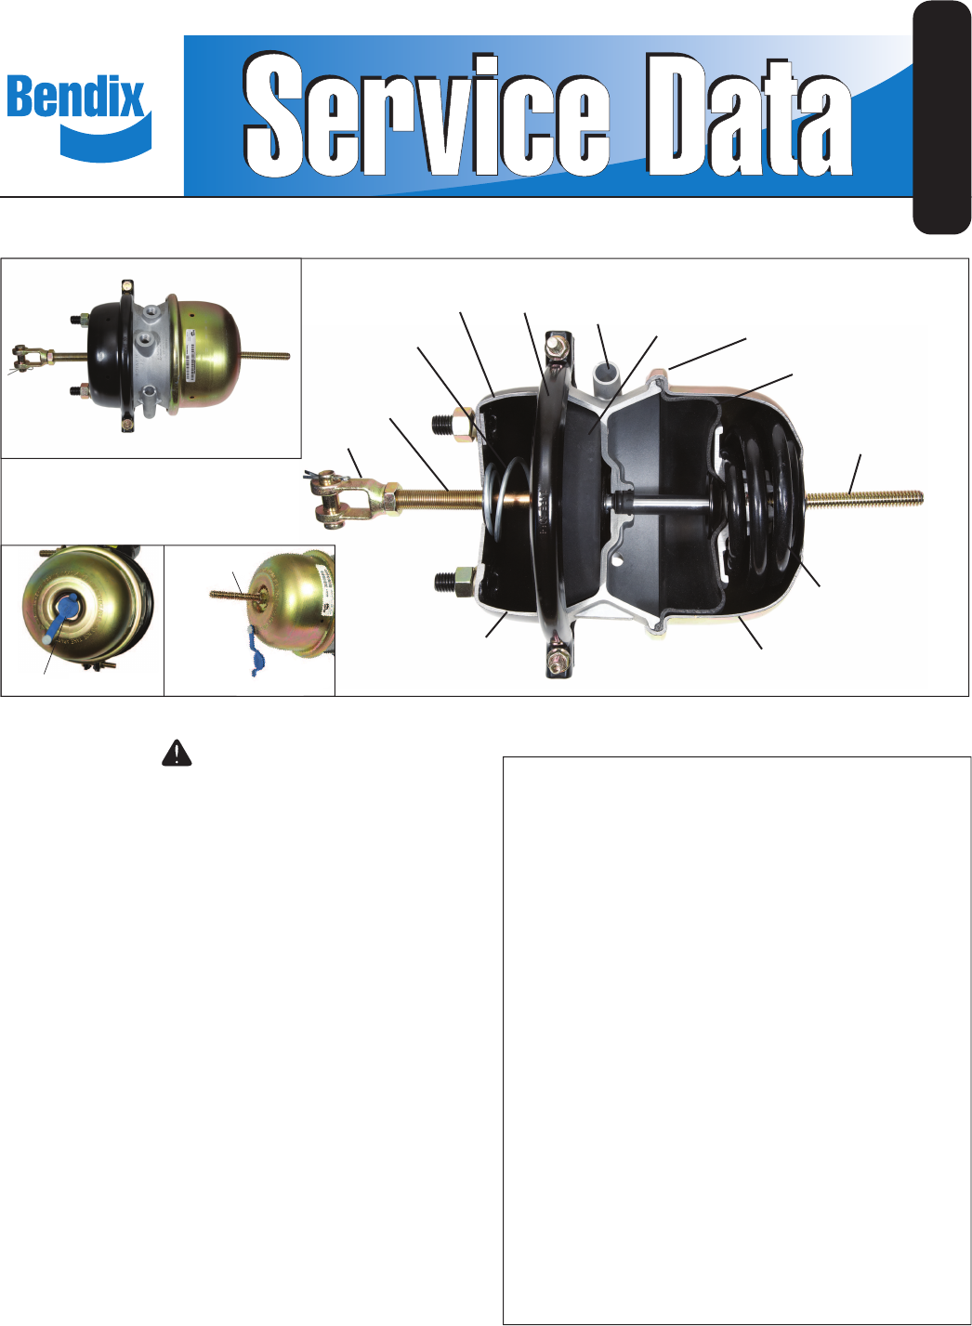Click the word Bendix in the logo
pos(76,97)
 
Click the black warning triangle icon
pos(177,753)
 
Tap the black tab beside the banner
pos(942,117)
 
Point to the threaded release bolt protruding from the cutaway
pos(863,499)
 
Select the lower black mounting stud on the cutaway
pos(453,581)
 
